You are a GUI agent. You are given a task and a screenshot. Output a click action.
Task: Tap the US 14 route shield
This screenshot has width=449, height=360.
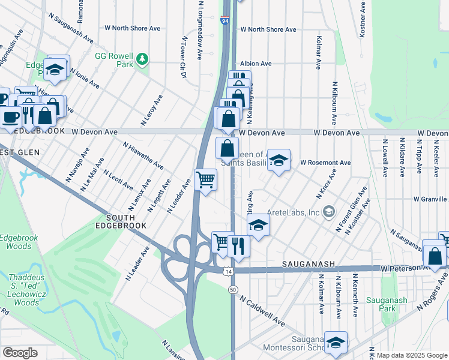(228, 271)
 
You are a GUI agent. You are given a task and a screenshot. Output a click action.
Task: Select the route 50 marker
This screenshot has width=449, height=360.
(232, 289)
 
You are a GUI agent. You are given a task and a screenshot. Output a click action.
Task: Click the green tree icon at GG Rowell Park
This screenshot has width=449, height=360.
(142, 59)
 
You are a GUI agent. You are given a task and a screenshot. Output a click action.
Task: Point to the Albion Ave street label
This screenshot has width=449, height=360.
(256, 63)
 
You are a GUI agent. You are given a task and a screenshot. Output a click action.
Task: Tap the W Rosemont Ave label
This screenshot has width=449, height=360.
(325, 163)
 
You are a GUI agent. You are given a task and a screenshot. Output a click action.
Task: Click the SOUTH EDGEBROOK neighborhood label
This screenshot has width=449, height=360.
(126, 221)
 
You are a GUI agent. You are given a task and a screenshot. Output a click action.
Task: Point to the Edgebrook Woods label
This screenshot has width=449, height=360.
(19, 242)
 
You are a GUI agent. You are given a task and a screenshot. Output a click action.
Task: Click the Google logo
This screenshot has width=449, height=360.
(20, 353)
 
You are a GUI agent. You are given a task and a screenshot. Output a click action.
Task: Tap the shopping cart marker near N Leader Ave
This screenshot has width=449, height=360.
(206, 179)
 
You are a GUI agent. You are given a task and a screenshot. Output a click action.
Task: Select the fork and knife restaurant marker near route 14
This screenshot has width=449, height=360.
(239, 245)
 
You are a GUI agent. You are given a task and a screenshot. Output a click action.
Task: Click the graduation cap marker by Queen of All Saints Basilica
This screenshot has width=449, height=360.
(279, 160)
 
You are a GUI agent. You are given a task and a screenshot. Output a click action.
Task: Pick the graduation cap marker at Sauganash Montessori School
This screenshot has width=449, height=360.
(336, 342)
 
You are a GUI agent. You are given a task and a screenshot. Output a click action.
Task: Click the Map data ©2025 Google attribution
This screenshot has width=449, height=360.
(412, 355)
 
